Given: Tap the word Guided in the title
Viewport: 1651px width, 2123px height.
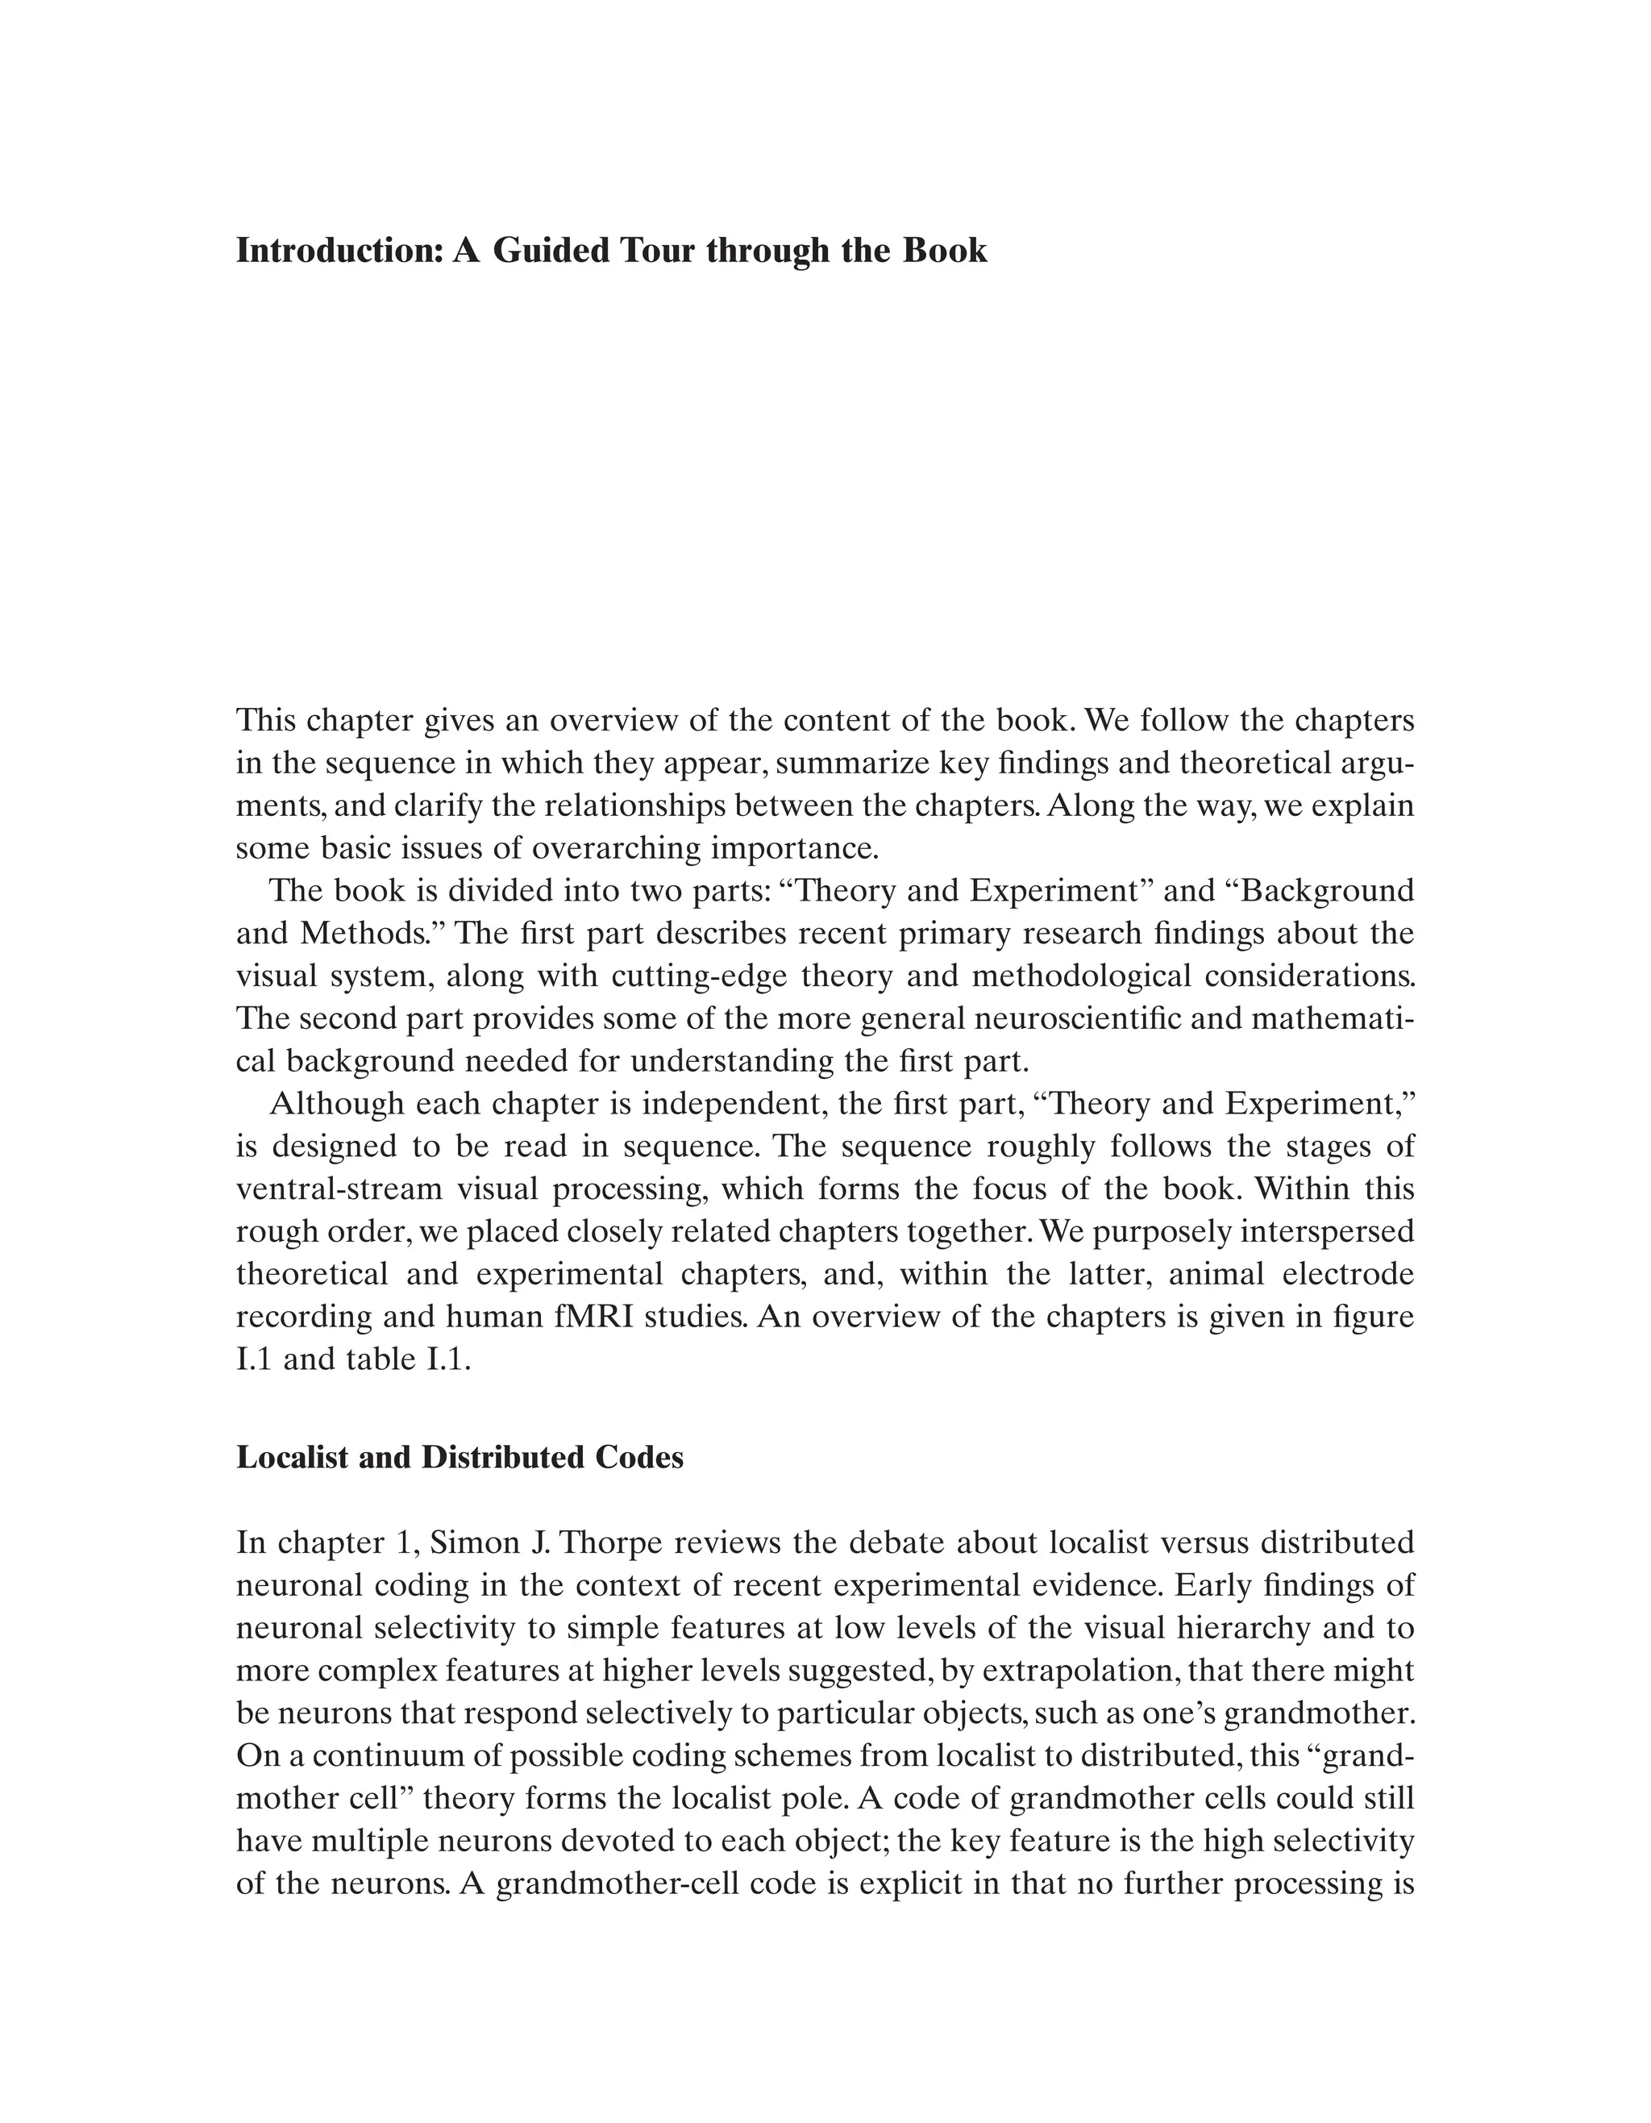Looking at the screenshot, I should (x=548, y=251).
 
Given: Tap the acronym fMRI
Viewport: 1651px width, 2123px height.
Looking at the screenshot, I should (x=587, y=1318).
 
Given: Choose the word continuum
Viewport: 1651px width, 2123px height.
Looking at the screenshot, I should (x=407, y=1756).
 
